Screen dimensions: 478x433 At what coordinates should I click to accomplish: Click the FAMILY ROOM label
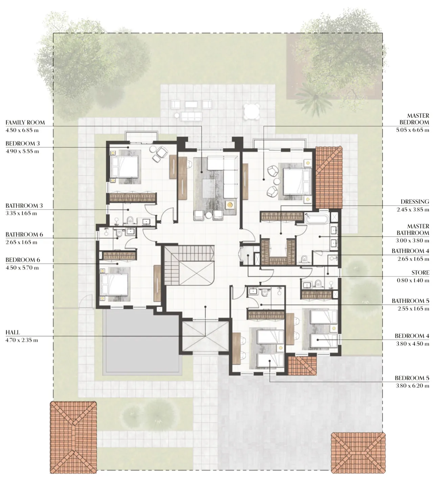point(25,123)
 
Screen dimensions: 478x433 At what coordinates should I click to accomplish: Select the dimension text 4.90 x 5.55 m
point(22,151)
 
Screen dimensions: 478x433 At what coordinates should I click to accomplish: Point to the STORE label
point(420,273)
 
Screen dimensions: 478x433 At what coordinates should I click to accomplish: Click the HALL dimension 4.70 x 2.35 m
point(22,340)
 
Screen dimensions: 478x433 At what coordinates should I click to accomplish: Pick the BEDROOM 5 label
point(412,378)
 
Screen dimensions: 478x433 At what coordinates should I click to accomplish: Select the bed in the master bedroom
point(296,181)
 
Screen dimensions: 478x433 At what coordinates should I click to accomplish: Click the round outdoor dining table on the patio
point(252,111)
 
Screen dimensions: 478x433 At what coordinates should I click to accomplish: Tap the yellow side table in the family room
point(230,204)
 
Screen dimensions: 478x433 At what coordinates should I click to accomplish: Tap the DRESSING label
point(415,202)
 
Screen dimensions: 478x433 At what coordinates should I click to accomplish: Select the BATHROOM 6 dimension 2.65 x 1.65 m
point(21,242)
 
